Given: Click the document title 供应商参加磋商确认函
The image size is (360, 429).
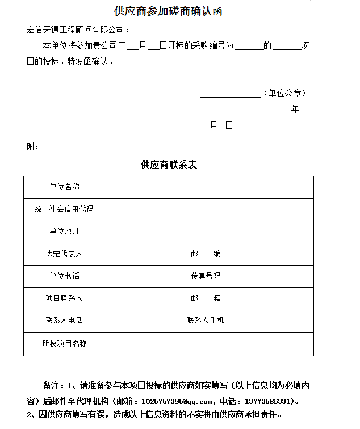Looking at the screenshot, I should [x=168, y=11].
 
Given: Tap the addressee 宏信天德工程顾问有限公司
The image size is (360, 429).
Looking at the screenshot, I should [x=78, y=30].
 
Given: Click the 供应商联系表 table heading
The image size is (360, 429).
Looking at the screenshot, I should [x=169, y=165].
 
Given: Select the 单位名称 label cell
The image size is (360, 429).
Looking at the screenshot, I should [x=64, y=187].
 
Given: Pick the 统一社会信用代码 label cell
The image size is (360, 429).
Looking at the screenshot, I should [x=64, y=209].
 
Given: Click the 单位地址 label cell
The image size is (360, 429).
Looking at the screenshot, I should [x=64, y=232].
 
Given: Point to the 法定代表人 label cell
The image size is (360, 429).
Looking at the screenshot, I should [x=64, y=254].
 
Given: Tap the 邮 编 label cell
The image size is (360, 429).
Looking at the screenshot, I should [x=206, y=254].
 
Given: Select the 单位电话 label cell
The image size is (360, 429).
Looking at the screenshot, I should [x=64, y=276].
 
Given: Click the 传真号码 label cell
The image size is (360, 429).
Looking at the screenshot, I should [x=206, y=276].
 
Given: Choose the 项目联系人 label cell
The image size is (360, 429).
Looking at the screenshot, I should [x=64, y=298].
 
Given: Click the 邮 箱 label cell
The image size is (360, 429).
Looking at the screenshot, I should [x=206, y=298].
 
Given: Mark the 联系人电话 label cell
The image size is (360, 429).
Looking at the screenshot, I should [x=64, y=321].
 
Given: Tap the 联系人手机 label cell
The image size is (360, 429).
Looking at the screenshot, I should [x=206, y=321].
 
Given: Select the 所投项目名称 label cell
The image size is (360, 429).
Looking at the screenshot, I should [x=64, y=344].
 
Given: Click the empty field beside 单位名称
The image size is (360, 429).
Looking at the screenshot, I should [x=210, y=187].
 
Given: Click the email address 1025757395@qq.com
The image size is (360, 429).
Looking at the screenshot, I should [x=177, y=401].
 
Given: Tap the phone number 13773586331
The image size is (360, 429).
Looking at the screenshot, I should [x=267, y=401].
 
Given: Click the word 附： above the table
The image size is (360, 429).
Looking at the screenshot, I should [x=33, y=147].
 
